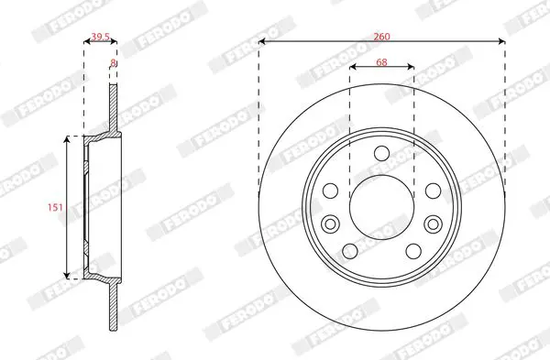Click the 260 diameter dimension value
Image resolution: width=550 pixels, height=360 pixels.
coord(381,37)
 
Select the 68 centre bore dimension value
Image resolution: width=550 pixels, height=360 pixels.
coord(381,62)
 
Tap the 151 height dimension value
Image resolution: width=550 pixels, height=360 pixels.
coord(55,208)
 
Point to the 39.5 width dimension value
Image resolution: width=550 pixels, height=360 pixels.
coord(100,37)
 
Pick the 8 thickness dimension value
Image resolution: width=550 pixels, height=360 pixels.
coord(113,62)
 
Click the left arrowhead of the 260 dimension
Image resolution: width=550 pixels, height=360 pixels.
coord(261,42)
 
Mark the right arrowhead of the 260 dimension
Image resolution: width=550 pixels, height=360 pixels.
coord(502,42)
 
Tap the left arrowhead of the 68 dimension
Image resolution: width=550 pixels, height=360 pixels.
coord(353,67)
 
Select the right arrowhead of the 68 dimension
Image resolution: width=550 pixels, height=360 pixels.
coord(411,67)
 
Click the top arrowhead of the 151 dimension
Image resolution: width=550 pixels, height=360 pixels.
coord(67,140)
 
